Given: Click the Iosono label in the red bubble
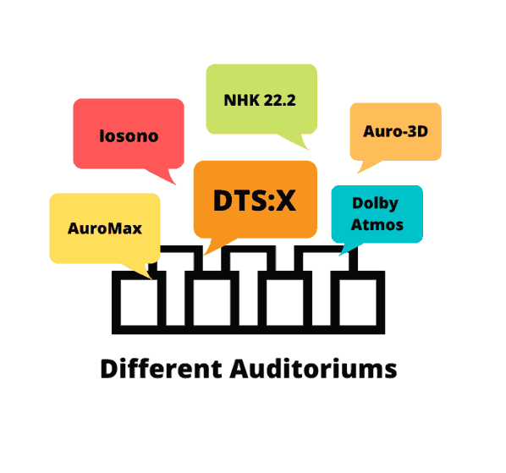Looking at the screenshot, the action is pos(129,136).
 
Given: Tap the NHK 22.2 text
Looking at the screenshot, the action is pos(260,100).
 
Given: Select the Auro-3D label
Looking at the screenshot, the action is pos(396,131).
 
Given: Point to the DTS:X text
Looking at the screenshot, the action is pos(255,201).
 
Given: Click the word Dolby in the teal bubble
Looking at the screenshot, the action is pos(376,204).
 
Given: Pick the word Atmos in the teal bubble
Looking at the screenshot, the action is pos(377,225).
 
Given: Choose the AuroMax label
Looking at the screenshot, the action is pos(105,228).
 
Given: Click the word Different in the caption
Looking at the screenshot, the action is pos(162,368).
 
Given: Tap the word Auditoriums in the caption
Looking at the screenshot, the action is pos(313,368).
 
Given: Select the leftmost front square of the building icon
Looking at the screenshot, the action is pos(139,302).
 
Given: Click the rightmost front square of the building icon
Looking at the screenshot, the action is pos(358,302).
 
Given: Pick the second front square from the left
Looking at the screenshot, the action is pos(212,302).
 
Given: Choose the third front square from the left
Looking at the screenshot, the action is pos(285,302).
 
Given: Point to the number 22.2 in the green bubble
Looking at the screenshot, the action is pos(279,100).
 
